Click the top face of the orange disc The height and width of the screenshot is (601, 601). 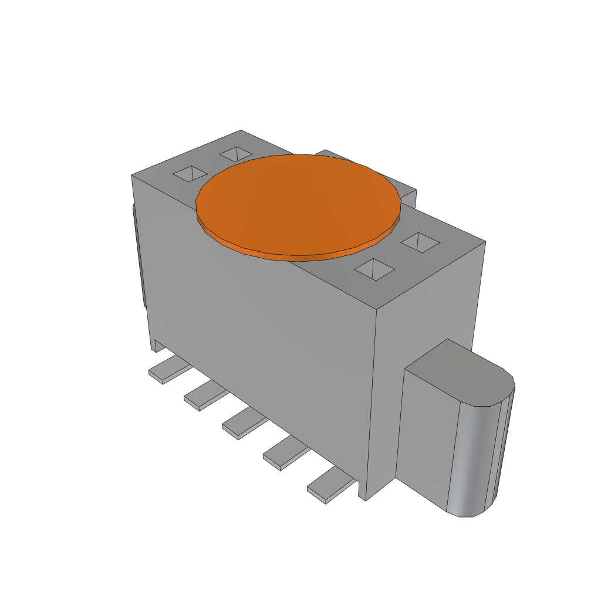pos(298,202)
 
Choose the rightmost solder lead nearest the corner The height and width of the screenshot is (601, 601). pos(329,487)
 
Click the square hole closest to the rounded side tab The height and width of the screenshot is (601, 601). pos(420,242)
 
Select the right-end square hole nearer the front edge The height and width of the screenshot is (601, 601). pos(374,269)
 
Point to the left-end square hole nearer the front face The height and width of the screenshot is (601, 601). pos(190,174)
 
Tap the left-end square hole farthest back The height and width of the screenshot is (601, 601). pos(235,154)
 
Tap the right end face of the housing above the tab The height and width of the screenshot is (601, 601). pos(428,305)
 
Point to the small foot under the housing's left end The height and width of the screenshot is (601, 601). pos(158,345)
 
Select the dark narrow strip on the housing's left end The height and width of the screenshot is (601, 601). pos(139,258)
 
